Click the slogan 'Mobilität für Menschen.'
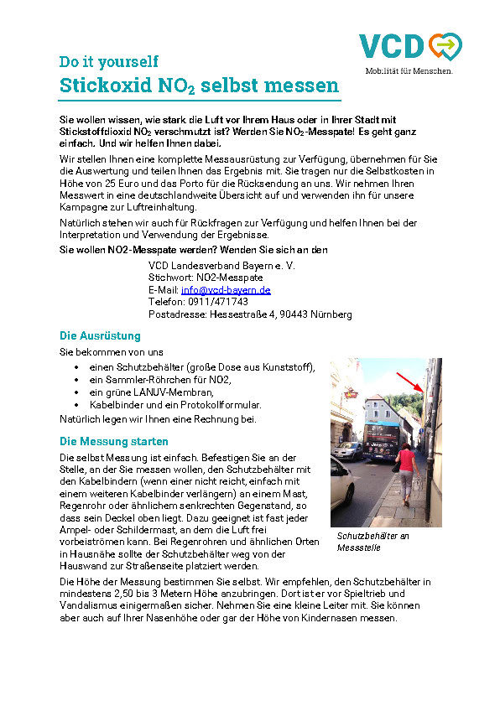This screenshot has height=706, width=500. point(409,71)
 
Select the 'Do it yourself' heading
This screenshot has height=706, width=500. point(108,61)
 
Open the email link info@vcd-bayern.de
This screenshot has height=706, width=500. point(226,290)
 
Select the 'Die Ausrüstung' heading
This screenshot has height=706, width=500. point(100,336)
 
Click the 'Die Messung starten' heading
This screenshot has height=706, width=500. point(113,441)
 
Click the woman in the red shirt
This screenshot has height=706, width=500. point(406,470)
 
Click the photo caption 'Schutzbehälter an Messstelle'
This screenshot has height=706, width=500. point(372,542)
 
